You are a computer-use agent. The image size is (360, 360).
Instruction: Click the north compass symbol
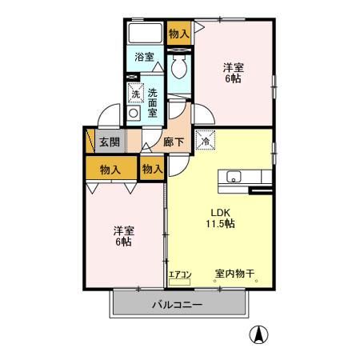(x=259, y=334)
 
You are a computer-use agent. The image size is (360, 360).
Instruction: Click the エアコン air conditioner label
(x=180, y=275)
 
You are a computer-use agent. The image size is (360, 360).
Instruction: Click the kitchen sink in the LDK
(x=235, y=177)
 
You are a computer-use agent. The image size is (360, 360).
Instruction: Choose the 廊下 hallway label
(x=174, y=142)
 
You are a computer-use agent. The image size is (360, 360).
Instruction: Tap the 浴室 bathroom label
(x=144, y=58)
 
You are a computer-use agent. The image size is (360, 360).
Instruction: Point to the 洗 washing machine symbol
(x=135, y=94)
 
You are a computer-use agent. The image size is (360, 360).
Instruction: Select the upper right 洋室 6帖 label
(x=234, y=74)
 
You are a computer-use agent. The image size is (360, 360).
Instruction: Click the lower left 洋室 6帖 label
(x=122, y=236)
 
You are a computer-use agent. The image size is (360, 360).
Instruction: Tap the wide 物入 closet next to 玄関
(x=110, y=169)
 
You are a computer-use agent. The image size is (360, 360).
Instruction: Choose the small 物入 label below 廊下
(x=152, y=169)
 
